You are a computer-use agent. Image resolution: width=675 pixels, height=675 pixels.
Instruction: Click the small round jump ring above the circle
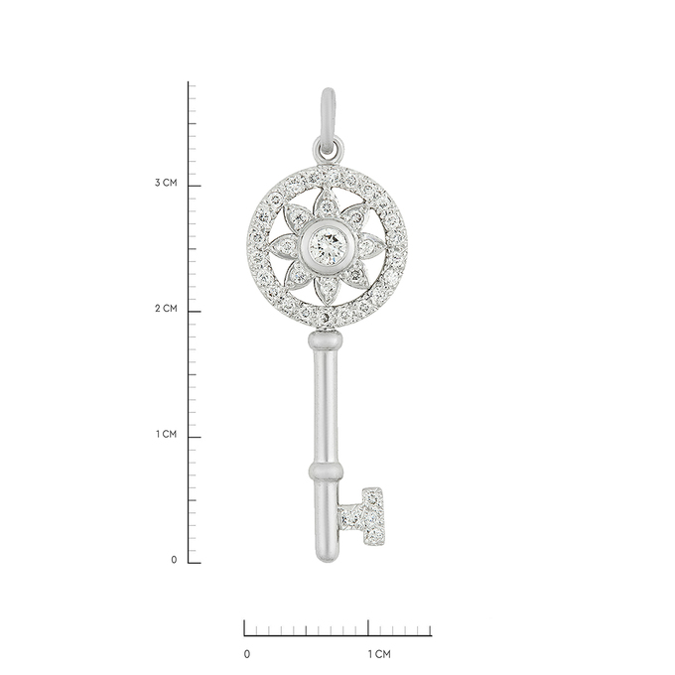click(328, 149)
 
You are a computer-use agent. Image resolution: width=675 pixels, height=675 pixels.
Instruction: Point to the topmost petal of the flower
click(328, 204)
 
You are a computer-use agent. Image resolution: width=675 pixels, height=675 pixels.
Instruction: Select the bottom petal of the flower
click(328, 287)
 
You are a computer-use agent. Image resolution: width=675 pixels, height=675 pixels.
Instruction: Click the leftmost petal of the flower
click(285, 246)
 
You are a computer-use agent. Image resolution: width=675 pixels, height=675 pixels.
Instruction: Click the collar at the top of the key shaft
click(326, 340)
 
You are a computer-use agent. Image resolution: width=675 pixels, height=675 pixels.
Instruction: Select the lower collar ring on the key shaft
click(326, 472)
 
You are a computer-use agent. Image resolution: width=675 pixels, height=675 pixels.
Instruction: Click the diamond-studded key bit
click(363, 518)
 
